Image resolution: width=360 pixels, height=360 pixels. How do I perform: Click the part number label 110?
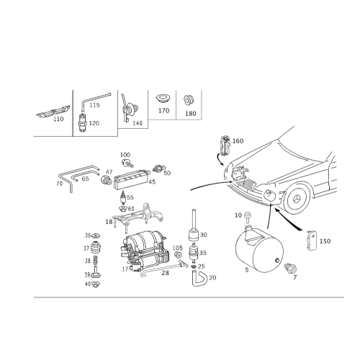[x=58, y=119]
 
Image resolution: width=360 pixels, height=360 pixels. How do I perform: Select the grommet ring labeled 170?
[x=163, y=98]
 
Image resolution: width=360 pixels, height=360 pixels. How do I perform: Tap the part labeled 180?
[x=189, y=101]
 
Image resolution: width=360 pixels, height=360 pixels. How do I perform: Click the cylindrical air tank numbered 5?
[x=259, y=250]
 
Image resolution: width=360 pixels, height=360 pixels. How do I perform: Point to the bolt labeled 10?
[x=246, y=217]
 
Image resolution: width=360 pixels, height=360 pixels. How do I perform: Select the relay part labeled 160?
[x=225, y=145]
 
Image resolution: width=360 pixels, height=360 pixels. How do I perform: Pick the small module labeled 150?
[x=312, y=240]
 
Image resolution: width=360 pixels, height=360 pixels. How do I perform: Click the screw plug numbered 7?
[x=289, y=269]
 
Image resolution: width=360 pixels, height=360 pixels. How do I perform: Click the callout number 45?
[x=152, y=181]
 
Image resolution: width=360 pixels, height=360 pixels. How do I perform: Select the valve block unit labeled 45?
[x=131, y=179]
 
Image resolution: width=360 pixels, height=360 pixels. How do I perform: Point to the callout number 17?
[x=125, y=269]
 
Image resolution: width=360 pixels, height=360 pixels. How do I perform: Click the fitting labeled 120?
[x=83, y=122]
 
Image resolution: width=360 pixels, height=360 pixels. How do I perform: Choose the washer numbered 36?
[x=96, y=235]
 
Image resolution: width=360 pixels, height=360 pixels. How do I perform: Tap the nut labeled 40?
[x=96, y=284]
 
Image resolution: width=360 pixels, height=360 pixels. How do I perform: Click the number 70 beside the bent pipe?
[x=59, y=184]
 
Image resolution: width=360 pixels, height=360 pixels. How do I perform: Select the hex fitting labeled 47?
[x=106, y=180]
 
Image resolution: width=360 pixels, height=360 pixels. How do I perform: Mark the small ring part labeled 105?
[x=178, y=255]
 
